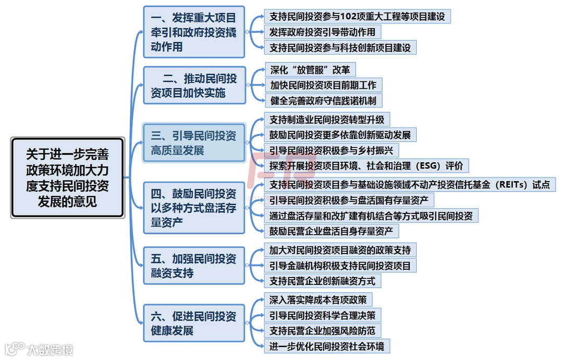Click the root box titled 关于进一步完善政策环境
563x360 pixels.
(68, 177)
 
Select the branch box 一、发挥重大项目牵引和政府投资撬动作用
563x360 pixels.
(194, 32)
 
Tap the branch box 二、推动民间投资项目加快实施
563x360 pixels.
(194, 86)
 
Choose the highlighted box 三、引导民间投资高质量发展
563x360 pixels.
(194, 143)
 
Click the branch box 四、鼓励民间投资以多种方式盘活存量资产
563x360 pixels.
(194, 208)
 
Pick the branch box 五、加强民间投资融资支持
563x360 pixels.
(194, 266)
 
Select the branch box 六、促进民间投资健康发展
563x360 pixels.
(194, 323)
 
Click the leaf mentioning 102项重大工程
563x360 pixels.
(357, 16)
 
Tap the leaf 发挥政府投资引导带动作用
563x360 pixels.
(322, 32)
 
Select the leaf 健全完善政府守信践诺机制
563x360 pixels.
(323, 100)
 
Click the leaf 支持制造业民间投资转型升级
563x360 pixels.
(327, 119)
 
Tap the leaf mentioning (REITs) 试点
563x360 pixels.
(409, 185)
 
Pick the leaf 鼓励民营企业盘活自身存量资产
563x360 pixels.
(331, 230)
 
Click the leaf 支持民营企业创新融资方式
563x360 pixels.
(322, 281)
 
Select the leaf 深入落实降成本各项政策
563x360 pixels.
(318, 299)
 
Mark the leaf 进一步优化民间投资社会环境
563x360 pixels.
(327, 346)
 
